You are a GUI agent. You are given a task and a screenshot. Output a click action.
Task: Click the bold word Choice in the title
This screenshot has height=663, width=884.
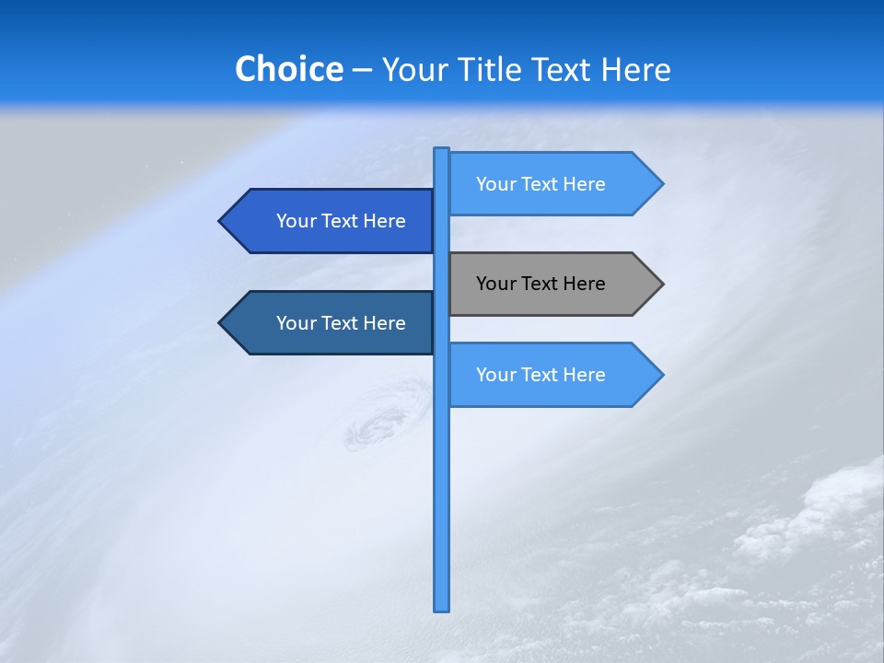click(x=288, y=69)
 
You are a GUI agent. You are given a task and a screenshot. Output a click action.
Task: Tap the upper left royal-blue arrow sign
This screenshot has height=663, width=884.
click(x=331, y=221)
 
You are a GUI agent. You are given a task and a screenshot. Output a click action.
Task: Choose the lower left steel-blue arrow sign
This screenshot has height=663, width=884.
click(x=331, y=323)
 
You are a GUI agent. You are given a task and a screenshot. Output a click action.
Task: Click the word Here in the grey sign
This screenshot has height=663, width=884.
click(x=584, y=284)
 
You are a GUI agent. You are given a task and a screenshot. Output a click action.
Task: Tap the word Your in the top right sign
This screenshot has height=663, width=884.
click(x=495, y=184)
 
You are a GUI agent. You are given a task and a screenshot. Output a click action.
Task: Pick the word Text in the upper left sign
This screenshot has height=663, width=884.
click(x=341, y=221)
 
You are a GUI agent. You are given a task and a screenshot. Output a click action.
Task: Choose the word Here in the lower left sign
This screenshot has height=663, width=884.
click(x=384, y=323)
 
